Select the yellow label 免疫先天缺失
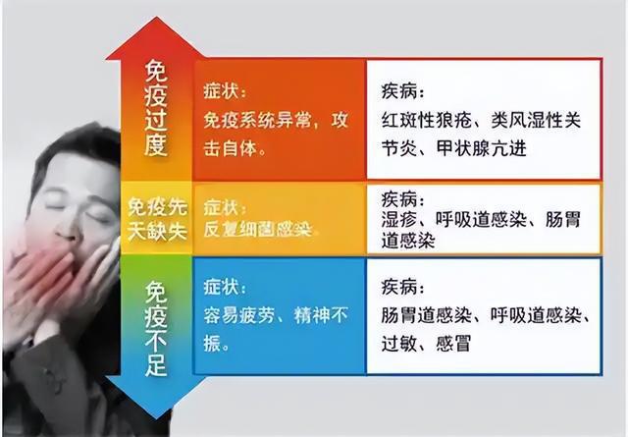tap(157, 218)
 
